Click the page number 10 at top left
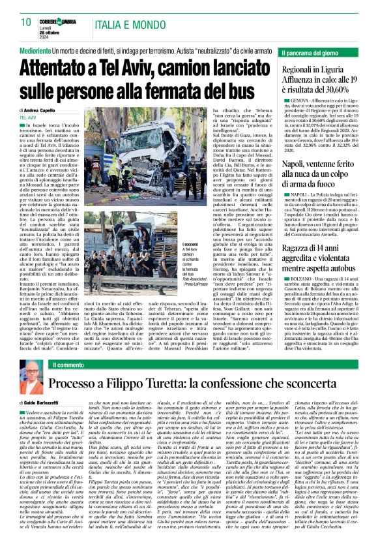pyautogui.click(x=25, y=22)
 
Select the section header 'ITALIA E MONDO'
pyautogui.click(x=120, y=22)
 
